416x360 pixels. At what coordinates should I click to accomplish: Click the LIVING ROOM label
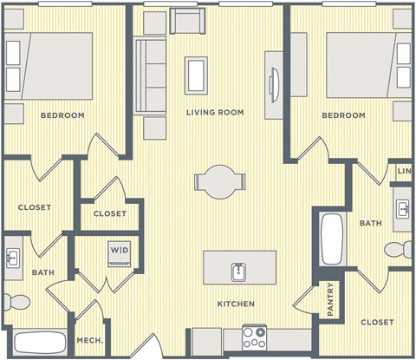click(x=215, y=113)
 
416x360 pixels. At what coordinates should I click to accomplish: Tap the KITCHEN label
click(x=236, y=304)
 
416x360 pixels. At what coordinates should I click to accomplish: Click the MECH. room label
click(x=90, y=341)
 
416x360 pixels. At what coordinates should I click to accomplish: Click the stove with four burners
click(x=254, y=337)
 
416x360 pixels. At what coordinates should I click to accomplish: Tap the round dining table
click(x=214, y=180)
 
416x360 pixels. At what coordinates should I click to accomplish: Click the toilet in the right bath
click(x=398, y=251)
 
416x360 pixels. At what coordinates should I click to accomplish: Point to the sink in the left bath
click(x=15, y=259)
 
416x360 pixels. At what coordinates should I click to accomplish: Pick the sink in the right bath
click(x=403, y=209)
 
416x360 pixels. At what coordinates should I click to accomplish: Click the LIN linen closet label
click(x=404, y=172)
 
